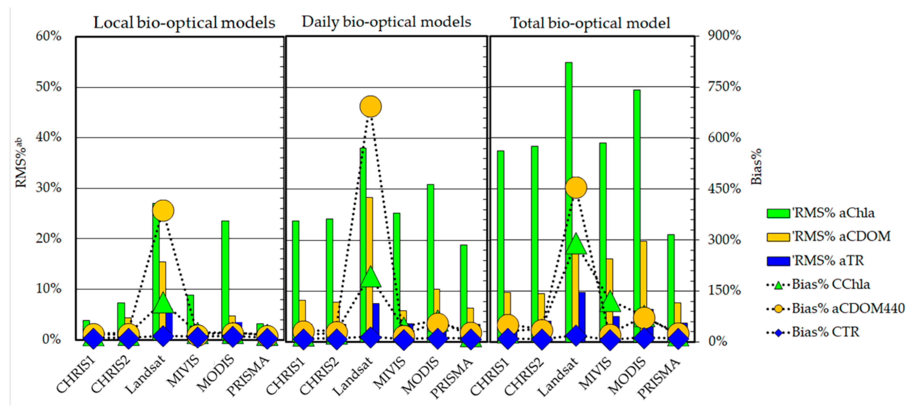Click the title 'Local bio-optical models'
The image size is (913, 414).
click(184, 23)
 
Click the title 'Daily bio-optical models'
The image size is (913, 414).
click(386, 22)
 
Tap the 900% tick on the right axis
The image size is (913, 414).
click(724, 35)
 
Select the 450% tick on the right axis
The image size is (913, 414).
click(724, 188)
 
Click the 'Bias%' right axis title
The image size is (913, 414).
click(756, 166)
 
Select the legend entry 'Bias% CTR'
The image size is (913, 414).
click(825, 332)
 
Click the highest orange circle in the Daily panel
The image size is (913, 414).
click(370, 106)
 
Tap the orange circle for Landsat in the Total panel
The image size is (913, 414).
click(576, 188)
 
